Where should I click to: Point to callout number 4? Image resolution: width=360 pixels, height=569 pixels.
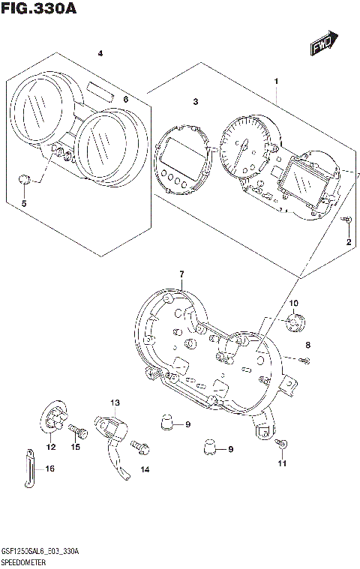coord(100,52)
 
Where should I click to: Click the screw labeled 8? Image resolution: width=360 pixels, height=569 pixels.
coord(307,362)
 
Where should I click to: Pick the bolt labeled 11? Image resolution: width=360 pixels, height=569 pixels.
coord(280,445)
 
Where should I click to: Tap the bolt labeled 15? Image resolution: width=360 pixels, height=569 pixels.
coord(76,430)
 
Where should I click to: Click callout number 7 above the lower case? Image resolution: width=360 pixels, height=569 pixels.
coord(181,275)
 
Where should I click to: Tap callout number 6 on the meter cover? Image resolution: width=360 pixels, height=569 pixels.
coord(126,99)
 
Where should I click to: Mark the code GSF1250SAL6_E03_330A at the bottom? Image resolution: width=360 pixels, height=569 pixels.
coord(41,551)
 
